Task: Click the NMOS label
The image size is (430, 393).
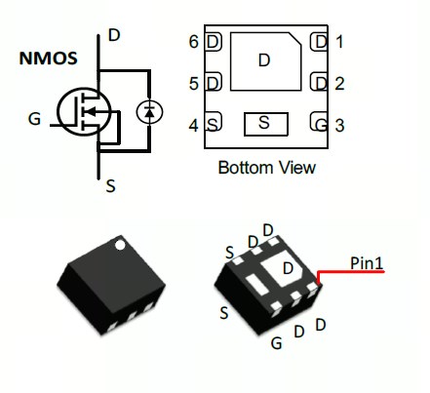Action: pyautogui.click(x=48, y=59)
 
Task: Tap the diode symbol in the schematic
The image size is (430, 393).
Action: pyautogui.click(x=149, y=112)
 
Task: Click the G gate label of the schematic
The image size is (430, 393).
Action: pyautogui.click(x=34, y=119)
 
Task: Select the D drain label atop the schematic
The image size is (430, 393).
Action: pyautogui.click(x=114, y=35)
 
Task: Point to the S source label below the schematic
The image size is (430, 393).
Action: pyautogui.click(x=111, y=186)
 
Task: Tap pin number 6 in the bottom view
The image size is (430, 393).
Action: pyautogui.click(x=194, y=42)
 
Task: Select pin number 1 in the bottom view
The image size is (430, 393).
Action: pyautogui.click(x=339, y=42)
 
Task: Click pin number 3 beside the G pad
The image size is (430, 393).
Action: pyautogui.click(x=339, y=126)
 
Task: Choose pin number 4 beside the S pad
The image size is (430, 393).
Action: pyautogui.click(x=194, y=126)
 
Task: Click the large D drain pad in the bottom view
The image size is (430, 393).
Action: pyautogui.click(x=264, y=60)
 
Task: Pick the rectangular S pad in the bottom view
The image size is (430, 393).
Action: pyautogui.click(x=266, y=124)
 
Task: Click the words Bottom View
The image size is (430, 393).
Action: pyautogui.click(x=267, y=168)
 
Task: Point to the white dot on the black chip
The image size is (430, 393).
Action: pyautogui.click(x=120, y=246)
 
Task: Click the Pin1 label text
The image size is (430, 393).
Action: pyautogui.click(x=367, y=263)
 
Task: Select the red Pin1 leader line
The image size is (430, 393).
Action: pyautogui.click(x=350, y=271)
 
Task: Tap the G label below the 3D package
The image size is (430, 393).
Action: pyautogui.click(x=276, y=343)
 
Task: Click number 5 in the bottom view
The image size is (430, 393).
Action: pyautogui.click(x=194, y=84)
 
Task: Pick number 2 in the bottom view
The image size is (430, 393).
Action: pyautogui.click(x=339, y=84)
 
